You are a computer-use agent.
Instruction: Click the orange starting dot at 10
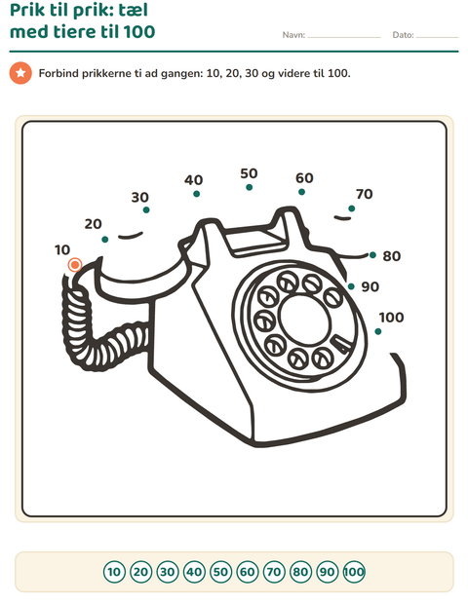(x=75, y=265)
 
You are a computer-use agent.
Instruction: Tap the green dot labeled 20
(x=105, y=240)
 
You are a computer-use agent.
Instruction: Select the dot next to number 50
(x=249, y=188)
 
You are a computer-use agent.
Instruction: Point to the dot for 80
(x=372, y=255)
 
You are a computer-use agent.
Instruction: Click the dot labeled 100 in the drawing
(x=378, y=331)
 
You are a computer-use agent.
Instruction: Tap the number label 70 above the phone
(x=365, y=194)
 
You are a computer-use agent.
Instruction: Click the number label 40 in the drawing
(x=193, y=180)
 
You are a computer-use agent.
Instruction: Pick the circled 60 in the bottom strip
(x=247, y=572)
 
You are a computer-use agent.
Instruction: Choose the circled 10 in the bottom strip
(x=114, y=572)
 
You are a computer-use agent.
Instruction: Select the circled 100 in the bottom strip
(x=354, y=572)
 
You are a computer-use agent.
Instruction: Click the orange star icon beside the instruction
(x=20, y=73)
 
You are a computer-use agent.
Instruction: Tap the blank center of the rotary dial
(x=304, y=320)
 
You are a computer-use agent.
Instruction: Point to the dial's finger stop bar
(x=343, y=344)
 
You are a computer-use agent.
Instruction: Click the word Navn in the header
(x=293, y=35)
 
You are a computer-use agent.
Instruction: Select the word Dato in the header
(x=403, y=35)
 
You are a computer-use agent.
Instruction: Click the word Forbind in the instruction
(x=58, y=73)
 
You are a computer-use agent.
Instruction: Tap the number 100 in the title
(x=139, y=31)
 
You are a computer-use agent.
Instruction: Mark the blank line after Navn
(x=344, y=37)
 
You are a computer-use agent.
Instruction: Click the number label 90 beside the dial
(x=370, y=286)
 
